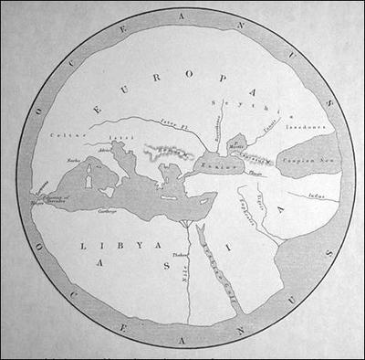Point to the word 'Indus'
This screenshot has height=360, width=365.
[316, 194]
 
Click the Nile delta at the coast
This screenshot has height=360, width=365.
[188, 223]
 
